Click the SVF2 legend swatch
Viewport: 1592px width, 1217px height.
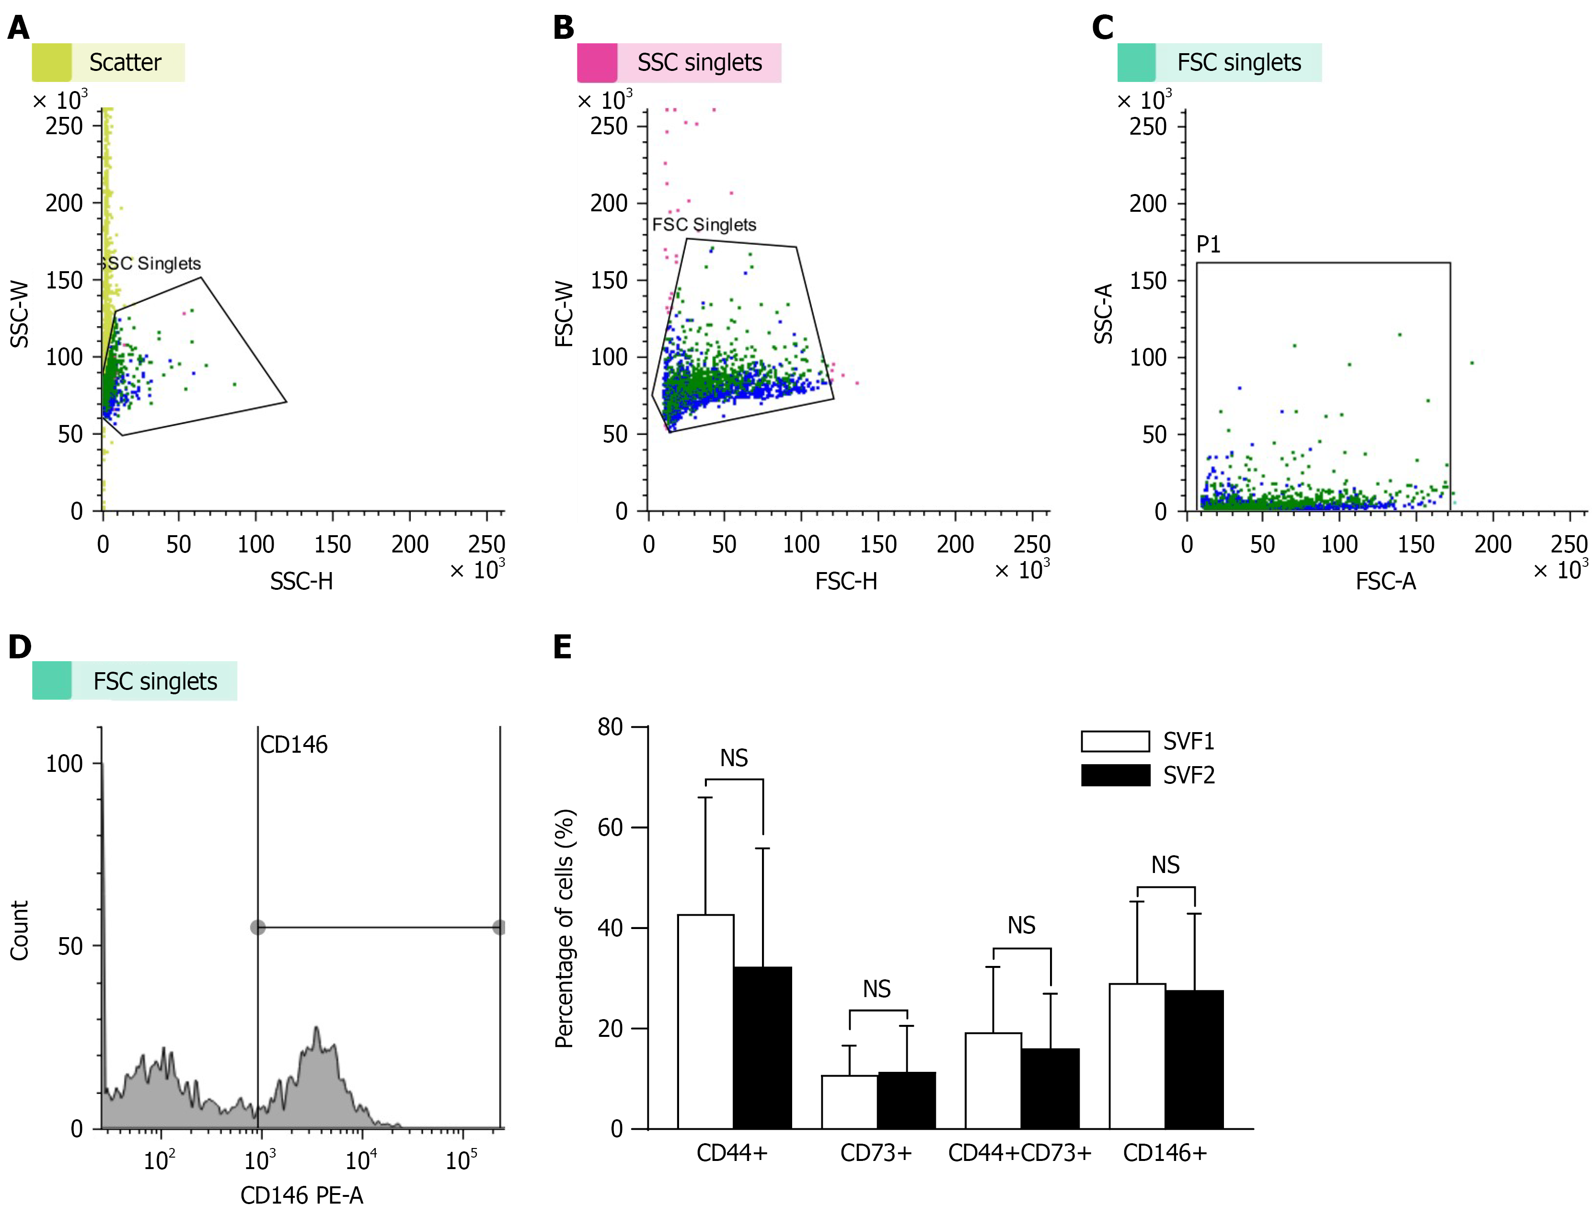tap(1115, 775)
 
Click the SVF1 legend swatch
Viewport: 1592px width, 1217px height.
tap(1115, 741)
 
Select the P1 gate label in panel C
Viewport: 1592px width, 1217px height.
tap(1208, 245)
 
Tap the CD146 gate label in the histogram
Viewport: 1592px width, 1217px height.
tap(293, 745)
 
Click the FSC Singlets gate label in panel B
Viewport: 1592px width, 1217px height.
tap(704, 225)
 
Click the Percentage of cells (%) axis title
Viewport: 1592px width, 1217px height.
tap(565, 929)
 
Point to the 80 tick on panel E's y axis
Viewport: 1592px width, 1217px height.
tap(610, 726)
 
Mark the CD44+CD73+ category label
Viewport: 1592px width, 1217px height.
tap(1019, 1152)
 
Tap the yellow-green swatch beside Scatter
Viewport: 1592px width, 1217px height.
tap(51, 62)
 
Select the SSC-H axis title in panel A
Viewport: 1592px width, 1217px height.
tap(301, 581)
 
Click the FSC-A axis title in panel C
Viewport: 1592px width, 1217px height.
tap(1385, 581)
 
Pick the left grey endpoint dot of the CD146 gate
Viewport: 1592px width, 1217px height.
tap(257, 927)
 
